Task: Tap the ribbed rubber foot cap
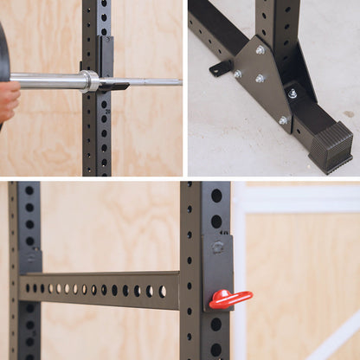(331, 145)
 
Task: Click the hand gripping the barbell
(8, 100)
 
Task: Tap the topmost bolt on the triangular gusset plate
(260, 50)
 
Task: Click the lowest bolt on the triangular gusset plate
(283, 120)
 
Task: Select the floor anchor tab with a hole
(221, 67)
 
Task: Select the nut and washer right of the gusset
(292, 93)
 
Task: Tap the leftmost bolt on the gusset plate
(238, 74)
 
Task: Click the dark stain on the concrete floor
(349, 113)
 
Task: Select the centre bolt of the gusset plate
(260, 79)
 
